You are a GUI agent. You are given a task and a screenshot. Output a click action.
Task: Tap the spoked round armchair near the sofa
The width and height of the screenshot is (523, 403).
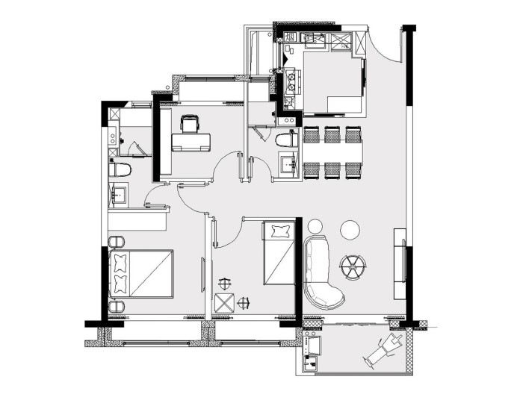[352, 264]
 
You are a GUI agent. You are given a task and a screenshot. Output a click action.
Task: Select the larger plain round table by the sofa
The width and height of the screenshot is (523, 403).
[349, 230]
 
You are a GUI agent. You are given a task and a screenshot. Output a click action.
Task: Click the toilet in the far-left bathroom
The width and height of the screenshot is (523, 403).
[120, 169]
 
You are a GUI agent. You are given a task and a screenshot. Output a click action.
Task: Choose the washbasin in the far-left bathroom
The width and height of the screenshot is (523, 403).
[118, 195]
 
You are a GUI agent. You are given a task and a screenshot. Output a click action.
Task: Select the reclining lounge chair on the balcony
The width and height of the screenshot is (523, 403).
[386, 347]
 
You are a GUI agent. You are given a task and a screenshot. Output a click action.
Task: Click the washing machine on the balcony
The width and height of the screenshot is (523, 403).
[312, 345]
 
